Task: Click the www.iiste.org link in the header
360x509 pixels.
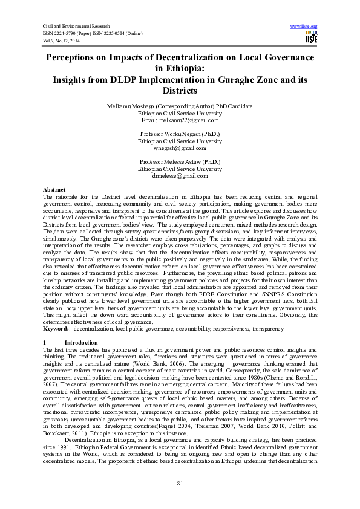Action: tap(304, 27)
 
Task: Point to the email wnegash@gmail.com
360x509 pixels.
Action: tap(180, 147)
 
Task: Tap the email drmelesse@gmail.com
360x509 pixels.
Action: tap(180, 175)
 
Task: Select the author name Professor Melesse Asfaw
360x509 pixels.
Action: tap(180, 161)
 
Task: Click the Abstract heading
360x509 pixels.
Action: tap(56, 190)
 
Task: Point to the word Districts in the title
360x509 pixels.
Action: tap(180, 91)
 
